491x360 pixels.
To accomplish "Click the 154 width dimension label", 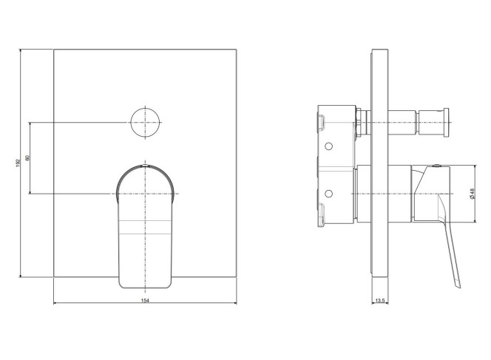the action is click(145, 301).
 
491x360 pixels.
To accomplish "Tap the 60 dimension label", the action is click(27, 157).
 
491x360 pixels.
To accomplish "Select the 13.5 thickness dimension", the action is click(380, 301).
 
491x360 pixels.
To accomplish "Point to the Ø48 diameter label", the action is click(473, 193).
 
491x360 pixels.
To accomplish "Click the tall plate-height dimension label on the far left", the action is click(18, 163).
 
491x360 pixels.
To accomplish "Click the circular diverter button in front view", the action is click(145, 123).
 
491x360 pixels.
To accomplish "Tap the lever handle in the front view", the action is click(145, 226).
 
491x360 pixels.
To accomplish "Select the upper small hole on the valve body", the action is click(328, 146).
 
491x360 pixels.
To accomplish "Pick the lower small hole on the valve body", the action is click(328, 194).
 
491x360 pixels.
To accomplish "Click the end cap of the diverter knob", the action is click(446, 123).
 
